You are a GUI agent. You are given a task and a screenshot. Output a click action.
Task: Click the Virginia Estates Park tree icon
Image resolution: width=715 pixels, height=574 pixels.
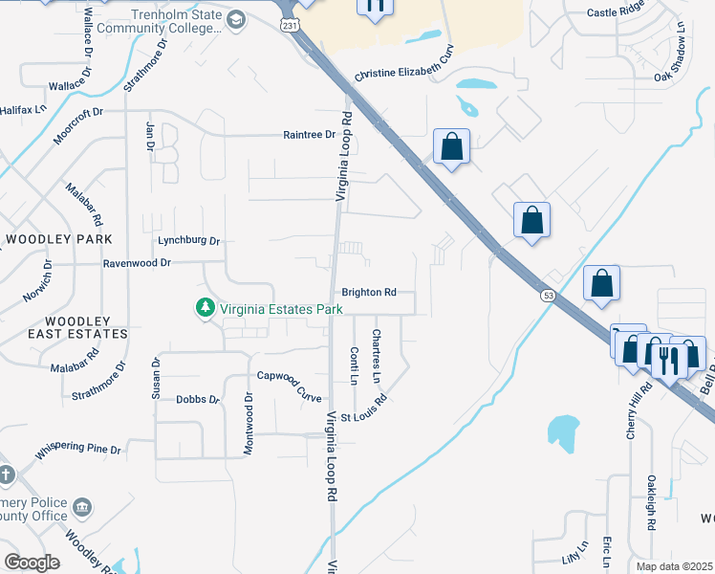point(204,308)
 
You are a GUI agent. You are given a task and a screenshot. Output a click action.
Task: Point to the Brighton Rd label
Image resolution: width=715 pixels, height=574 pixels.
point(368,293)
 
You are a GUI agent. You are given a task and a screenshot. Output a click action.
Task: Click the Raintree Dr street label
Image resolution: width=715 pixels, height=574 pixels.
point(310,135)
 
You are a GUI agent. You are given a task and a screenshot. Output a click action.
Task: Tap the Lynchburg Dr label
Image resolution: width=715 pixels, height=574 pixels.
point(188,241)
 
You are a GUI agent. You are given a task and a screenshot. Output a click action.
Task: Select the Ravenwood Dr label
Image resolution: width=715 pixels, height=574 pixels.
point(137,261)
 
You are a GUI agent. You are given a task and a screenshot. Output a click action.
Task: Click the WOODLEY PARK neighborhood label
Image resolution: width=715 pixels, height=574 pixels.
point(59,238)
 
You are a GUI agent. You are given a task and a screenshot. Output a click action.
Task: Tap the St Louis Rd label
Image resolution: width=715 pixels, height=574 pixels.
point(363,408)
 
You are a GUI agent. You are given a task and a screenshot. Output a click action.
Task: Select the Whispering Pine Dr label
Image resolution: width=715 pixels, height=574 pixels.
point(78,449)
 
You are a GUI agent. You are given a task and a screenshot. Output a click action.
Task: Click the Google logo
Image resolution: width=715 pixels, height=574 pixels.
point(32,563)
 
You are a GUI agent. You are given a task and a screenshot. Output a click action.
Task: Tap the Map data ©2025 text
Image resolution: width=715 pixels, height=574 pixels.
point(674,566)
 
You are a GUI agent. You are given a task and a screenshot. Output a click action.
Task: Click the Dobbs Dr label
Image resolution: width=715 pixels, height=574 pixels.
point(198,400)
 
